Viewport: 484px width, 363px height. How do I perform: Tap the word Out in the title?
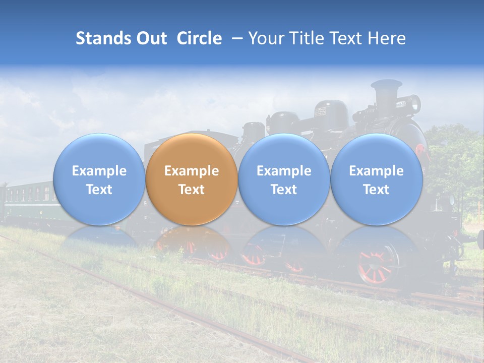click(x=150, y=38)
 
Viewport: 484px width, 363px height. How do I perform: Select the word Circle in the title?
click(x=199, y=38)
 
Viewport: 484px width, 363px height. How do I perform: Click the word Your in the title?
click(x=265, y=38)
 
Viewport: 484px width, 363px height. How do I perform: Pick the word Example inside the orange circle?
click(x=192, y=171)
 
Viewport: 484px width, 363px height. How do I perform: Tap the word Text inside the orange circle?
click(x=192, y=190)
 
